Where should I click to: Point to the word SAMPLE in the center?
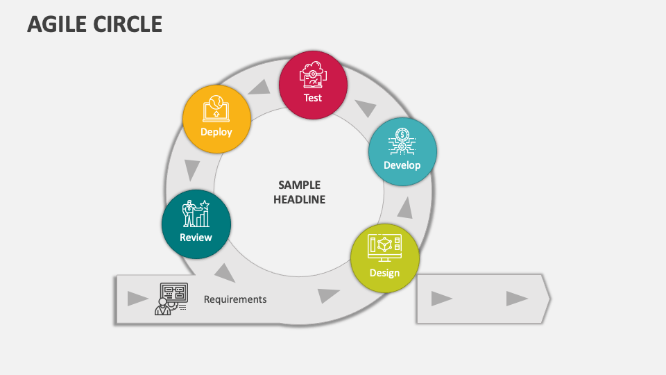click(x=299, y=185)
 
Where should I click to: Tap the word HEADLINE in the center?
click(x=299, y=199)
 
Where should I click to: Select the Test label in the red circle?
click(x=313, y=98)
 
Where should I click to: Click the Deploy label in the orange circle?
click(x=216, y=131)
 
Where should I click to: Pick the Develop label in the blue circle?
click(x=402, y=165)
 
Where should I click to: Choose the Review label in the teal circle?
click(x=196, y=237)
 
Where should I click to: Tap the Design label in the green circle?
click(x=384, y=272)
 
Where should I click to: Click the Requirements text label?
click(x=235, y=299)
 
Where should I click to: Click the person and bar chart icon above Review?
click(x=196, y=214)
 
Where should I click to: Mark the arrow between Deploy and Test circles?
click(x=260, y=87)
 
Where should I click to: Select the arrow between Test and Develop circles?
click(x=366, y=108)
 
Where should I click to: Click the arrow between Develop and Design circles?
click(x=405, y=207)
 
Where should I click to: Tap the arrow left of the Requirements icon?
click(x=137, y=299)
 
